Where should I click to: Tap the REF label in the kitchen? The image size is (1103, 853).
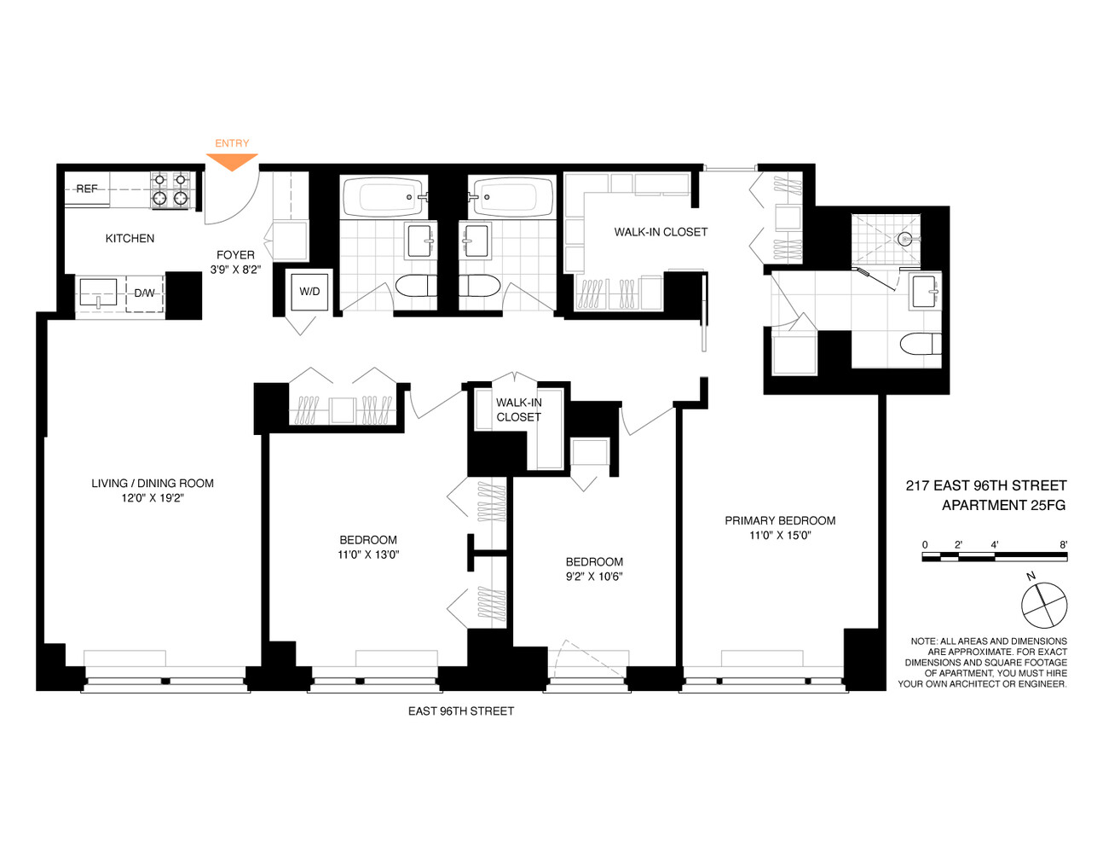[x=87, y=189]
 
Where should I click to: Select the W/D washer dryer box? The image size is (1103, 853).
[x=309, y=292]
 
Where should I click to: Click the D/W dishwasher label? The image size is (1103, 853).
[x=145, y=293]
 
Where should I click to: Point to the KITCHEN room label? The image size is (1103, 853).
[x=130, y=239]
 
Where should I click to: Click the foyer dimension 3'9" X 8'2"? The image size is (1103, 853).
[x=235, y=270]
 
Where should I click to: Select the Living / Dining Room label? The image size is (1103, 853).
[x=153, y=484]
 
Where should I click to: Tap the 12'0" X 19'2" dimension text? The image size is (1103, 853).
[x=153, y=498]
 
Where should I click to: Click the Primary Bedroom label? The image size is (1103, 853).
[x=780, y=520]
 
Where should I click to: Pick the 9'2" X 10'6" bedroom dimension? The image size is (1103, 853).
[x=594, y=577]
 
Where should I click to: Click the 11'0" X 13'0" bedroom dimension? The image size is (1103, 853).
[x=368, y=554]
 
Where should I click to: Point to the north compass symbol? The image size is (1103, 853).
[x=1044, y=605]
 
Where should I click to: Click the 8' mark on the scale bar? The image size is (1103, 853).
[x=1063, y=544]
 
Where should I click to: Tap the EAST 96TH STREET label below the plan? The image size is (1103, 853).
[x=461, y=711]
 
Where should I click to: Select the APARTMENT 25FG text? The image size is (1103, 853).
[x=1003, y=505]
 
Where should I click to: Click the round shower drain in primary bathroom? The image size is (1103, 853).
[x=905, y=239]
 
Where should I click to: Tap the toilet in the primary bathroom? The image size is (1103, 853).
[x=921, y=345]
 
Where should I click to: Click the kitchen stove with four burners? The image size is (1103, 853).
[x=170, y=189]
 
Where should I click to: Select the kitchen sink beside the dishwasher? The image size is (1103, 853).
[x=98, y=293]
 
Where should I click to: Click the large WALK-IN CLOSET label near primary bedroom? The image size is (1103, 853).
[x=661, y=232]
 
